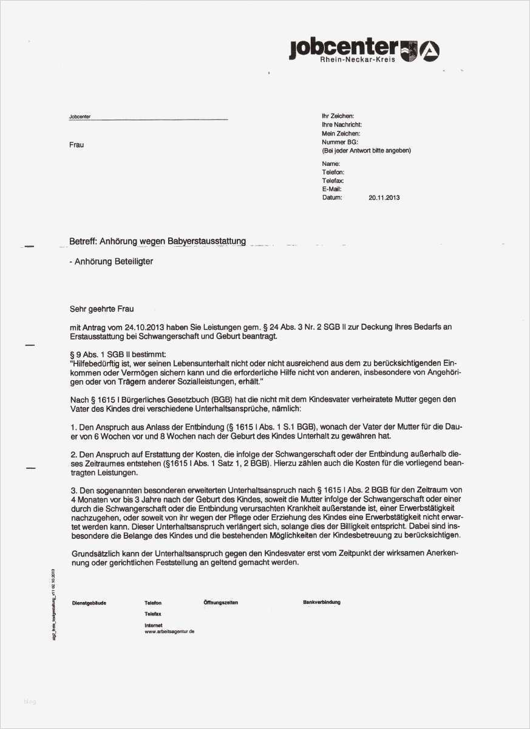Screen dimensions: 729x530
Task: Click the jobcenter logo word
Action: click(343, 47)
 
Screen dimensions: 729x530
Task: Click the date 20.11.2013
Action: click(384, 197)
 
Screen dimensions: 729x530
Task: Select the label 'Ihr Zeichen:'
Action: click(338, 115)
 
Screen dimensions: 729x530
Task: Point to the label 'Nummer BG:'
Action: click(340, 142)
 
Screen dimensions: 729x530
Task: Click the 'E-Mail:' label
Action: click(331, 189)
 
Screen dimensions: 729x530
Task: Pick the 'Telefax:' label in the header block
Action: click(333, 181)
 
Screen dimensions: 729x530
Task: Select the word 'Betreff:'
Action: click(83, 241)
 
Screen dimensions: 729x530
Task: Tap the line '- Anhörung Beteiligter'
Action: click(112, 261)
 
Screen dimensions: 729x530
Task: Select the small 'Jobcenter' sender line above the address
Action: click(80, 117)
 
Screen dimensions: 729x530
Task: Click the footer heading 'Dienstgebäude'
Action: click(89, 603)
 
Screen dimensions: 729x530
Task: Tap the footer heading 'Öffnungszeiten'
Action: click(221, 603)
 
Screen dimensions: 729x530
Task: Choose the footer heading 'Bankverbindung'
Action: click(322, 602)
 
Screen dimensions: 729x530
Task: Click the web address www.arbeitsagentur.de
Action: click(169, 632)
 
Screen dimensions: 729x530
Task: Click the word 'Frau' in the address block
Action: click(76, 145)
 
